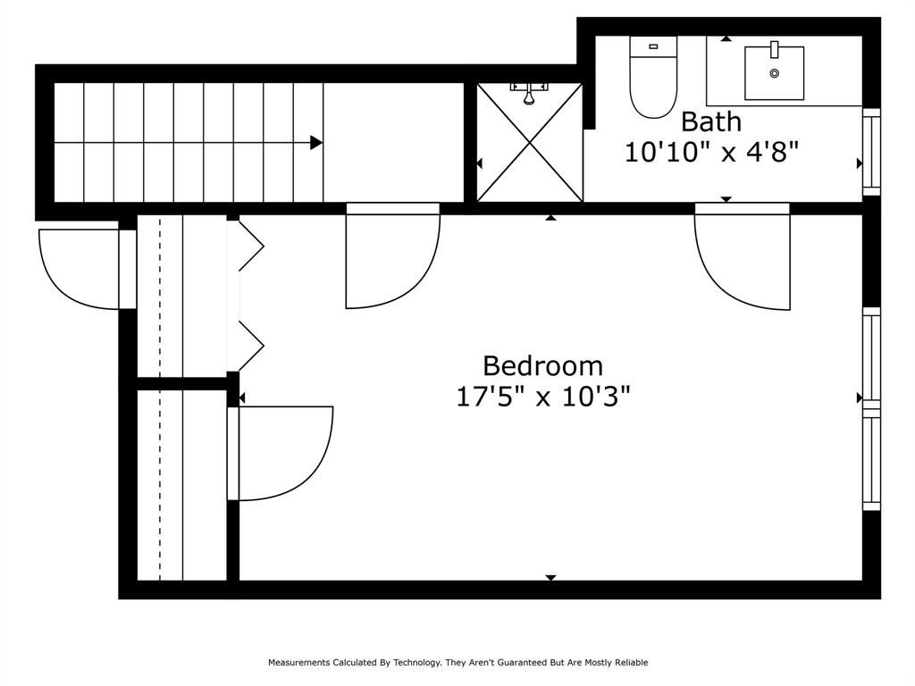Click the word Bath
[x=710, y=121]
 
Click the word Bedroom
[x=542, y=366]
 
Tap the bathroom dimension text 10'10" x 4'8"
[x=710, y=153]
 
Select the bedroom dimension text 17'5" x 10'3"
[x=542, y=397]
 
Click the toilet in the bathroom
[x=653, y=77]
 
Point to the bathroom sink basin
[x=774, y=73]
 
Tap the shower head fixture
[x=529, y=93]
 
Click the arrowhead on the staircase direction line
[x=315, y=142]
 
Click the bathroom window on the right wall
[x=871, y=152]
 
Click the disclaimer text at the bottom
[x=458, y=662]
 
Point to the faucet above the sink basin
[x=775, y=50]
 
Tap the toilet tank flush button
[x=653, y=46]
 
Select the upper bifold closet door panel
[x=251, y=246]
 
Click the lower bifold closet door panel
[x=251, y=346]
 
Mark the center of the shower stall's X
[x=530, y=142]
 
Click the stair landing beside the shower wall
[x=393, y=142]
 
